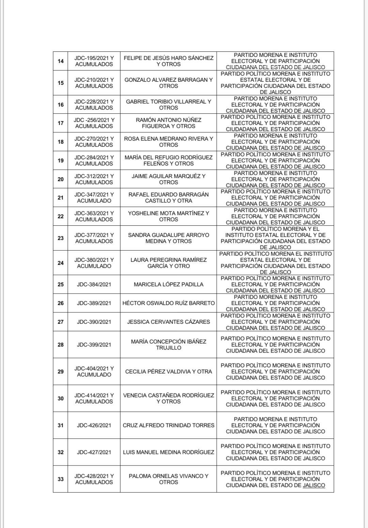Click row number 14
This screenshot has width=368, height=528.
(61, 61)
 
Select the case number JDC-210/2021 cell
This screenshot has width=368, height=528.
(94, 83)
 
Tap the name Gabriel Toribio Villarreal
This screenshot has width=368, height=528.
(168, 105)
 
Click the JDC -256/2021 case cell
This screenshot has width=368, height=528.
(94, 123)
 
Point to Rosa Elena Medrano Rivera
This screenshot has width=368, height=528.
(168, 142)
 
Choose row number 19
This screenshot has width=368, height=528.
(61, 160)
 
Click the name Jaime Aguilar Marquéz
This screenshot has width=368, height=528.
(168, 179)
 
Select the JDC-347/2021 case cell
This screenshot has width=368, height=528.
(94, 197)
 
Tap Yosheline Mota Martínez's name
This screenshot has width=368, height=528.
(168, 216)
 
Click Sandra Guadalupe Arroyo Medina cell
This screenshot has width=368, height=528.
(168, 238)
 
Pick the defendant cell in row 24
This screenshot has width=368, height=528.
(275, 263)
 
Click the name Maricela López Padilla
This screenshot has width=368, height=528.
(168, 284)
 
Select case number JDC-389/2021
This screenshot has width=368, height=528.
(94, 303)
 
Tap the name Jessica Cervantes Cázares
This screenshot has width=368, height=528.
(168, 322)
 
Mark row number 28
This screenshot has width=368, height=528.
(61, 345)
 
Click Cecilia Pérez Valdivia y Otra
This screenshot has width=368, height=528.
(168, 371)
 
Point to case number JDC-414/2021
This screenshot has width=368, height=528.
(94, 398)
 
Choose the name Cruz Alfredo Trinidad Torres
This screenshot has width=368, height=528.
(168, 425)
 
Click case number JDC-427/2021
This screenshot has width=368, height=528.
(94, 452)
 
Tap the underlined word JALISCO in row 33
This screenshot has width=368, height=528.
(314, 485)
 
